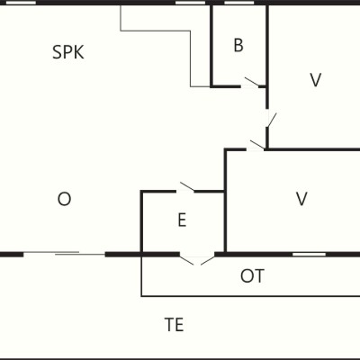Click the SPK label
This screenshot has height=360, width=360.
pyautogui.click(x=68, y=52)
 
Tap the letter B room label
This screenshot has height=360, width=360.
pyautogui.click(x=238, y=45)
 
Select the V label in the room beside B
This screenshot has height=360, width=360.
pyautogui.click(x=315, y=80)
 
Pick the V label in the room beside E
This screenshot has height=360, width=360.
pyautogui.click(x=301, y=199)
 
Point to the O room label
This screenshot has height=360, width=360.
pyautogui.click(x=64, y=199)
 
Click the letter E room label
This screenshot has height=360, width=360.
pyautogui.click(x=182, y=220)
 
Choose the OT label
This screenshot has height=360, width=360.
pyautogui.click(x=252, y=276)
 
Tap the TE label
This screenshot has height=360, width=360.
pyautogui.click(x=174, y=324)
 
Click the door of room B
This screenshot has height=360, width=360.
pyautogui.click(x=251, y=83)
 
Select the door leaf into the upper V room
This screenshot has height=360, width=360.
pyautogui.click(x=271, y=119)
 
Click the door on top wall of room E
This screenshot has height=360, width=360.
pyautogui.click(x=186, y=187)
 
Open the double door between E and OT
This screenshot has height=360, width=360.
pyautogui.click(x=197, y=259)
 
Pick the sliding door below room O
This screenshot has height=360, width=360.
pyautogui.click(x=64, y=254)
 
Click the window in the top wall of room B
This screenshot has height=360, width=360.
pyautogui.click(x=239, y=3)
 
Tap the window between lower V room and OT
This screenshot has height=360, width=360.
pyautogui.click(x=309, y=255)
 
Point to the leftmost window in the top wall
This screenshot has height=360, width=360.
pyautogui.click(x=21, y=3)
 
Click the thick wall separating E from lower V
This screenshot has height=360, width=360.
pyautogui.click(x=225, y=200)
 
